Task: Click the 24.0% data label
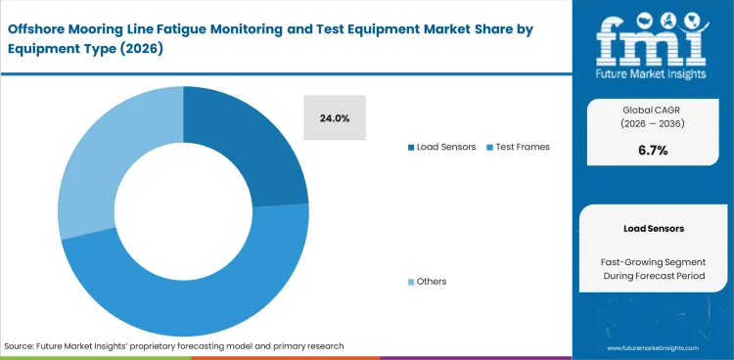pos(334,118)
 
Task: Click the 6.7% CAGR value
pos(653,151)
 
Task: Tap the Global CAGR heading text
pos(653,110)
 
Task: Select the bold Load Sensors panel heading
pos(653,228)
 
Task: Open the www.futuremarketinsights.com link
pos(653,347)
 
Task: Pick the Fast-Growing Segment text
pos(653,261)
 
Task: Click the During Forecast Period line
pos(653,278)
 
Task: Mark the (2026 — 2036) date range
pos(653,124)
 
